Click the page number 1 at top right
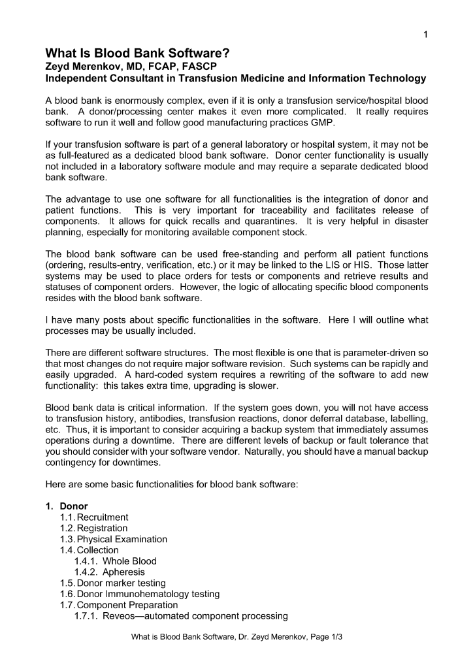coord(425,34)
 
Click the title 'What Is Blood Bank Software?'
coord(137,54)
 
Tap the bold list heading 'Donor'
coord(73,506)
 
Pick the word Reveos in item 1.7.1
coord(119,616)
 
